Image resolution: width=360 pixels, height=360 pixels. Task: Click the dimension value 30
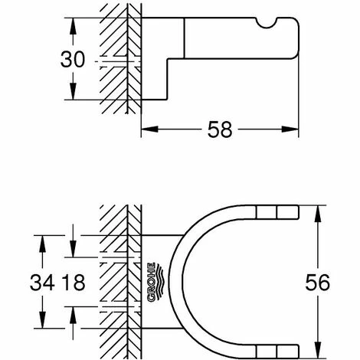72,60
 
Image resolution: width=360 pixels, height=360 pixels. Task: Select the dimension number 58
220,129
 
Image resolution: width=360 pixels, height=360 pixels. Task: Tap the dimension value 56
318,283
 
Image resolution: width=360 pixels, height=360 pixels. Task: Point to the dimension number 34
42,283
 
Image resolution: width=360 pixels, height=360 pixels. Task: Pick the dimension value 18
74,283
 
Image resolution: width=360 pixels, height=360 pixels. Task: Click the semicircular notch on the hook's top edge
266,22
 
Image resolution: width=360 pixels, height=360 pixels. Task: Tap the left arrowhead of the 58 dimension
149,129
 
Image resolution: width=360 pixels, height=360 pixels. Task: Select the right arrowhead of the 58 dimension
290,129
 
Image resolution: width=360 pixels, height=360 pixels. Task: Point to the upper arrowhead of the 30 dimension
73,26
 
